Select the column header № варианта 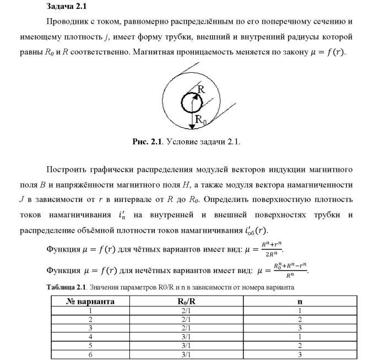pos(90,301)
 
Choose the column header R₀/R pos(187,301)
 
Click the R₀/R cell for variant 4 pos(187,336)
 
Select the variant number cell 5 pos(90,345)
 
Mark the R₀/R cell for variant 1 pos(187,310)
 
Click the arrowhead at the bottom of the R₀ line pos(191,126)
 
